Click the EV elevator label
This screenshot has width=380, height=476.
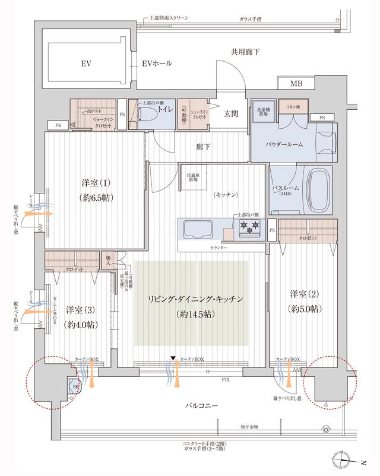pos(86,63)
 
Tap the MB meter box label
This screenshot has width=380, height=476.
pos(296,84)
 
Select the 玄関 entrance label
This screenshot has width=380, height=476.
pos(232,114)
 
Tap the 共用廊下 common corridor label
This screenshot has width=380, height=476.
pos(245,53)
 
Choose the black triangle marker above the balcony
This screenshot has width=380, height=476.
pos(173,358)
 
